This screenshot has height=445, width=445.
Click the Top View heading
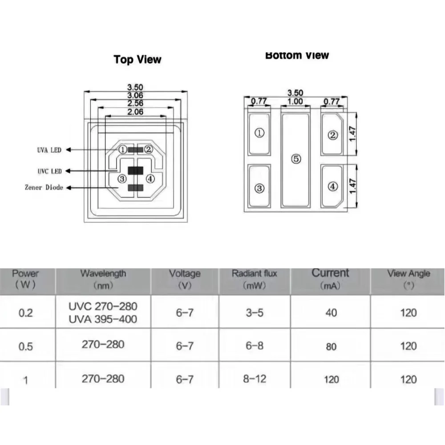tap(138, 59)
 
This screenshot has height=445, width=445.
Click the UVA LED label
tap(49, 150)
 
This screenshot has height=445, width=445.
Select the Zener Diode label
tap(44, 187)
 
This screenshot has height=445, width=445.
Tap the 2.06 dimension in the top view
tap(135, 112)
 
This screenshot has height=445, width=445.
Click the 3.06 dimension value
tap(135, 96)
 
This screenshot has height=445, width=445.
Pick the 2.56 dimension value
tap(135, 104)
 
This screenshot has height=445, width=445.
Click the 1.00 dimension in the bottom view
tap(295, 101)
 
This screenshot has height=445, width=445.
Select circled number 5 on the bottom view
tap(295, 159)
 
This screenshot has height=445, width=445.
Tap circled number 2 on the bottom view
tap(332, 135)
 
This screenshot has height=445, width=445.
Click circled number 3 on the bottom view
tap(259, 188)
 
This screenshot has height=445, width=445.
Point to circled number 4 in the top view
tap(150, 179)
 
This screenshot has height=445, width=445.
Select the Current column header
tap(331, 278)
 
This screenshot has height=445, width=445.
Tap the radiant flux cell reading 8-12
tap(255, 379)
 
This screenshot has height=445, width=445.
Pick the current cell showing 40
tap(331, 313)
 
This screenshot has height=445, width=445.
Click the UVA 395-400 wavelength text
tap(103, 319)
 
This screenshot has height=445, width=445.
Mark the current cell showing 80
tap(331, 347)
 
